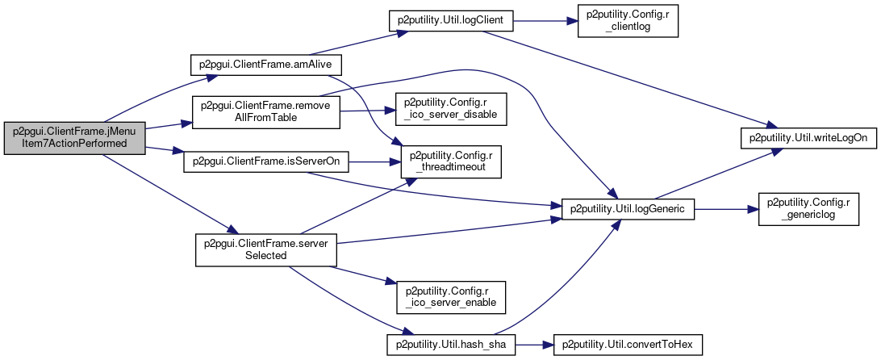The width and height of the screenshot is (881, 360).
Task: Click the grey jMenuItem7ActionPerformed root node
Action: pos(75,138)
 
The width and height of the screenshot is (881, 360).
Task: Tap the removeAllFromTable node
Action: pos(265,112)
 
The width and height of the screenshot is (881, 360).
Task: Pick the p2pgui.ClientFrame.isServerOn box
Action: pos(266,162)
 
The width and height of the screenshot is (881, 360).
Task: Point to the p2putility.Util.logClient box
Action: pos(451,21)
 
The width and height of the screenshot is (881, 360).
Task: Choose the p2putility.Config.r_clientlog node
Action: pos(628,21)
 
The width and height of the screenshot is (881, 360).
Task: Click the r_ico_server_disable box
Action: pos(452,108)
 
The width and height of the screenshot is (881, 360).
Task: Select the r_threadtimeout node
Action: pos(450,162)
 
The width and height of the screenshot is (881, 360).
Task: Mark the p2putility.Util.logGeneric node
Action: pos(628,209)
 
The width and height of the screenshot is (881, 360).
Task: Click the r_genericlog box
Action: pos(808,209)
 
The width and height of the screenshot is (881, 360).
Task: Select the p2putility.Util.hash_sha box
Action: pos(451,344)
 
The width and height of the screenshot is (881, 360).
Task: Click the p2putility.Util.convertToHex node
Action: pos(628,344)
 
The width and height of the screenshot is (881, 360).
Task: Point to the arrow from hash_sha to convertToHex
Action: pos(535,344)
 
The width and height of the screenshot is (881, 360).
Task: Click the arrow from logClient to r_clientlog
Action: pos(545,21)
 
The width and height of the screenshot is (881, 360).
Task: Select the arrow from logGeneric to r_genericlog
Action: pos(726,209)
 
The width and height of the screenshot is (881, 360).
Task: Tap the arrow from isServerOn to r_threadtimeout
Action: pos(374,162)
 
